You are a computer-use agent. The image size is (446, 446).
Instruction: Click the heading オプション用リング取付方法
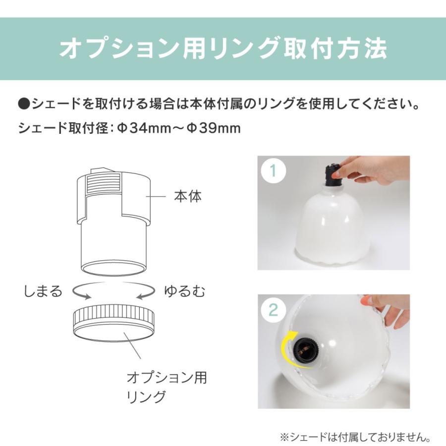(223, 49)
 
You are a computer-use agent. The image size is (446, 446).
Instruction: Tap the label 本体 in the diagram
(188, 196)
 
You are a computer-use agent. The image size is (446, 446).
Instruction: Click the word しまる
(43, 291)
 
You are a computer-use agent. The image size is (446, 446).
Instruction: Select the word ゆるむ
(184, 291)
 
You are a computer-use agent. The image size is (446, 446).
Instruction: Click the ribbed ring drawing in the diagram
(114, 322)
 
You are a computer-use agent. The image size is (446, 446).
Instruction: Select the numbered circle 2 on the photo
(272, 311)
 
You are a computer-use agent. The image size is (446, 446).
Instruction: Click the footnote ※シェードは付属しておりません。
(355, 438)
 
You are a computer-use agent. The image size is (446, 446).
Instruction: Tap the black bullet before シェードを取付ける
(24, 105)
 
